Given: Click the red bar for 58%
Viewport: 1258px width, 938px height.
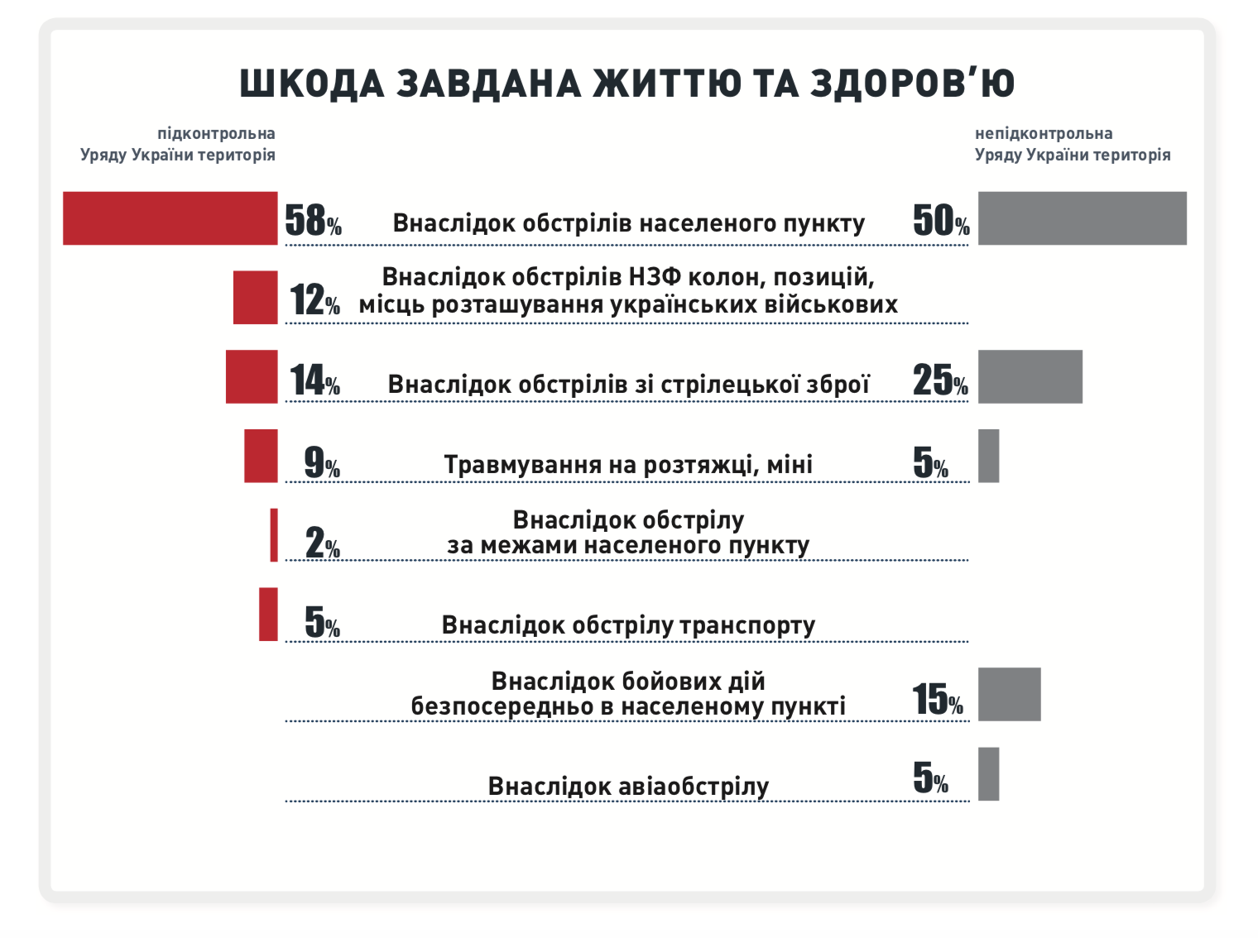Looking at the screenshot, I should coord(170,218).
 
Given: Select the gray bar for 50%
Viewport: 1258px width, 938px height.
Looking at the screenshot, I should coord(1082,218).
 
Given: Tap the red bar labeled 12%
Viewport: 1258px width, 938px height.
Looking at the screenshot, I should coord(255,297).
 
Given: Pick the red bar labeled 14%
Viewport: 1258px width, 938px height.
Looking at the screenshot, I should coord(252,376).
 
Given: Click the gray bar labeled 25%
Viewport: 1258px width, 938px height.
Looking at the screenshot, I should coord(1030,376).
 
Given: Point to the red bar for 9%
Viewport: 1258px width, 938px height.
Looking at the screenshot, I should coord(261,456).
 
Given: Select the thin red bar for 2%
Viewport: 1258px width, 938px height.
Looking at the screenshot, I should coord(274,535).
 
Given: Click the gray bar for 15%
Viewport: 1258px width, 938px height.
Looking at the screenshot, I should coord(1009,694).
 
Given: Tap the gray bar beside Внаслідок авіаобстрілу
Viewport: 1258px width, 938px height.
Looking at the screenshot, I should coord(988,773).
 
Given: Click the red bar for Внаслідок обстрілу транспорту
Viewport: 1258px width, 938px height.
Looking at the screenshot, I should coord(268,615).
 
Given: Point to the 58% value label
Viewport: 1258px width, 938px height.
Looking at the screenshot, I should coord(313,221).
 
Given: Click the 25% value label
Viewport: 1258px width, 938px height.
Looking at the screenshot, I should coord(940,380).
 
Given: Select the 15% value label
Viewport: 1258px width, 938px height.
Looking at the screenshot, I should coord(938,700).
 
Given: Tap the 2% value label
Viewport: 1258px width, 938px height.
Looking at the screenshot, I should coord(322,543).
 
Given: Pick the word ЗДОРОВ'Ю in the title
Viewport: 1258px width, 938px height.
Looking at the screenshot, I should coord(911,84).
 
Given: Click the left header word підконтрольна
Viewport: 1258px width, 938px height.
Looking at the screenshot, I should coord(216,133).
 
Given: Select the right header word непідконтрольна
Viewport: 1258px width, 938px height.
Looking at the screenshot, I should coord(1043,133).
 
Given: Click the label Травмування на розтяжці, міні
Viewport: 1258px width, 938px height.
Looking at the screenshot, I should coord(628,465).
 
